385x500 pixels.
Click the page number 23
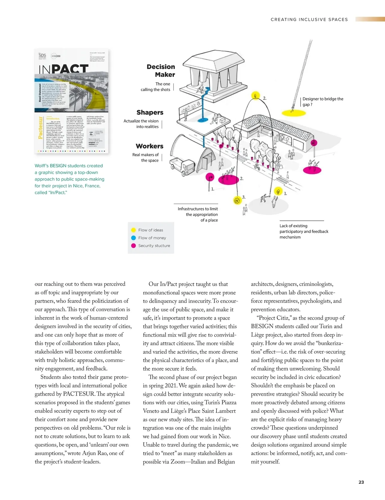click(x=361, y=482)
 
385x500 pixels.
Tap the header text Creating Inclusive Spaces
click(x=309, y=20)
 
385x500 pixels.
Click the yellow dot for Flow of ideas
click(x=133, y=230)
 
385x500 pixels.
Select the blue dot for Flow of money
click(x=133, y=238)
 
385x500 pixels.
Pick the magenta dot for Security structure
click(x=133, y=246)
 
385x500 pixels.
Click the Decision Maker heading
click(x=161, y=71)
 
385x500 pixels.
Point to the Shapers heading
click(x=150, y=113)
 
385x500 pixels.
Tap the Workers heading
click(x=150, y=146)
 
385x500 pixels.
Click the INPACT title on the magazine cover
click(x=64, y=69)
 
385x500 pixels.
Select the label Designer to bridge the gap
click(x=322, y=101)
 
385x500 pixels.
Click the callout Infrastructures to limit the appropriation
click(x=198, y=214)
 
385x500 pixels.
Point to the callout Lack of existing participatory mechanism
click(x=304, y=231)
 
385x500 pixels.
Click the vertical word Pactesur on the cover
click(x=40, y=128)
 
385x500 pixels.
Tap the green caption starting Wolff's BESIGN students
click(x=69, y=179)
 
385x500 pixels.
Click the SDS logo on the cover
click(x=42, y=56)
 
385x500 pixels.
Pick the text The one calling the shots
click(x=156, y=87)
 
